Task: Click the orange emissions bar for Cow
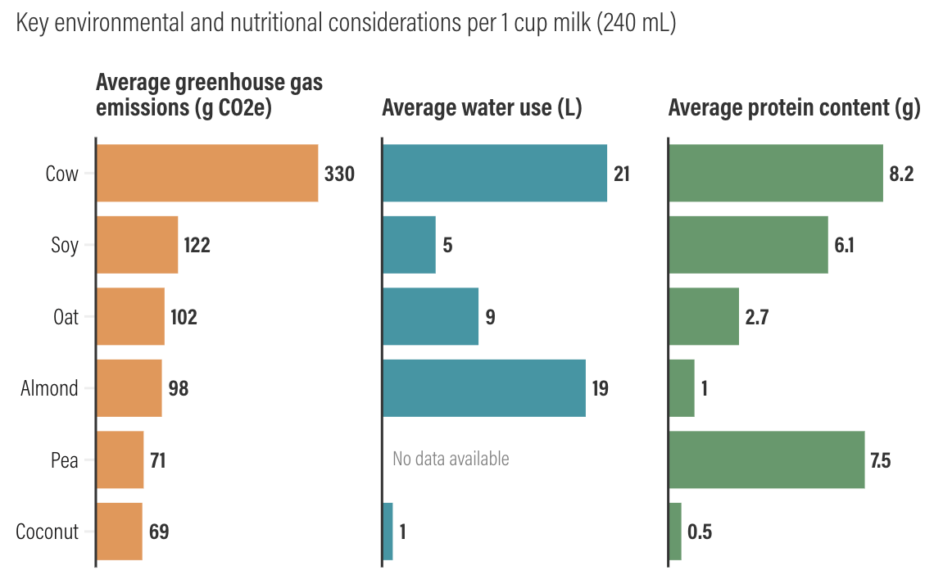coord(207,173)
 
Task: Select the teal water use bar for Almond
coord(483,388)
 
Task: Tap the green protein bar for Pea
coord(766,460)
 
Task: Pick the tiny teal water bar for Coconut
coord(388,532)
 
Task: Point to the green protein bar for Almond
coord(682,388)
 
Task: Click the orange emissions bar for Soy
coord(138,245)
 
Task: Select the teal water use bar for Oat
coord(430,316)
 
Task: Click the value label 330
coord(339,174)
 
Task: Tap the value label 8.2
coord(901,174)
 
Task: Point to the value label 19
coord(600,388)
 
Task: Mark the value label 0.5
coord(700,532)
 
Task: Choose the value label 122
coord(197,245)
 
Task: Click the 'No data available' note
coord(451,459)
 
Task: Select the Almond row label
coord(49,388)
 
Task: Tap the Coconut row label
coord(48,532)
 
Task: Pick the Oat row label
coord(66,317)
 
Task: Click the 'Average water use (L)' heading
coord(482,108)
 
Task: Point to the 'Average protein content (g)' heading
coord(794,108)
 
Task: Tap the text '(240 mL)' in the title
coord(636,24)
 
